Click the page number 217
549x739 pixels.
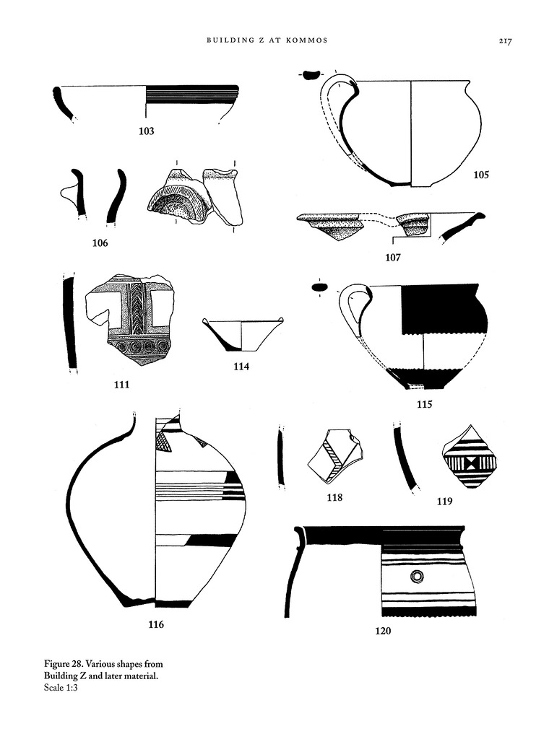tap(505, 41)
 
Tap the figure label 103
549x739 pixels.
tap(146, 131)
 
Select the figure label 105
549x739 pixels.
tap(481, 175)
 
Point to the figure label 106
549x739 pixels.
tap(100, 243)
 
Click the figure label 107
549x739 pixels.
tap(393, 258)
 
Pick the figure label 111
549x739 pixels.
tap(121, 385)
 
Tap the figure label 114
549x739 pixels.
tap(241, 366)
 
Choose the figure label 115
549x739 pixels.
tap(425, 404)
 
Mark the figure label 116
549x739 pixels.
tap(156, 624)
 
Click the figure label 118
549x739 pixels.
tap(335, 497)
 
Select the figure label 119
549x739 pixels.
tap(445, 502)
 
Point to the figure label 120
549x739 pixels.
tap(383, 631)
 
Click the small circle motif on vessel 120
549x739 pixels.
tap(417, 577)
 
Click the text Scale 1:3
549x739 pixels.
tap(61, 688)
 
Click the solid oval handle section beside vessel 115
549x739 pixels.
tap(320, 287)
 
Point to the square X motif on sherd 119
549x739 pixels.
tap(470, 464)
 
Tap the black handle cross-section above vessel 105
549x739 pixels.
tap(311, 74)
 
